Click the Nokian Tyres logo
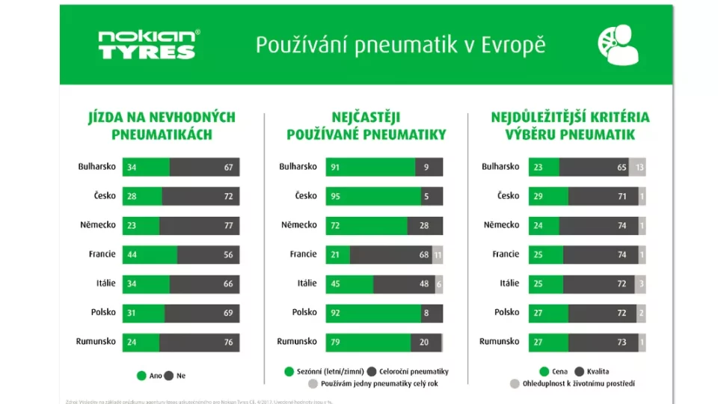click(x=150, y=44)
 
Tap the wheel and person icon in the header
click(x=619, y=44)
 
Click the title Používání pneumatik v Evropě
click(x=400, y=45)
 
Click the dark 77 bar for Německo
click(x=199, y=225)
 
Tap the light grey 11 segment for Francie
click(x=438, y=254)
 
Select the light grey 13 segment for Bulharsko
click(x=637, y=167)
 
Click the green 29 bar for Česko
click(x=548, y=196)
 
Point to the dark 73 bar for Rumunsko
click(x=604, y=342)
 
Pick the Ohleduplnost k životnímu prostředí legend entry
click(x=572, y=384)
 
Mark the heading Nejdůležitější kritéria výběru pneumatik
click(x=570, y=126)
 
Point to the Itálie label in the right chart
click(x=509, y=284)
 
